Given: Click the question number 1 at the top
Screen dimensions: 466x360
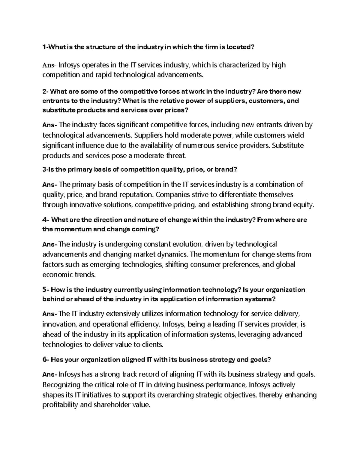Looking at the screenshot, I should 44,47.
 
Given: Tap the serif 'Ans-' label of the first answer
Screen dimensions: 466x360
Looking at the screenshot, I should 49,65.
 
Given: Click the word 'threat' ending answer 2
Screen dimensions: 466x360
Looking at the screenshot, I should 176,156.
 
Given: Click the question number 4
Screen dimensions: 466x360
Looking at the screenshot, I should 45,220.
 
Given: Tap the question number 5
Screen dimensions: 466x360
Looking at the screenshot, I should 45,290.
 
